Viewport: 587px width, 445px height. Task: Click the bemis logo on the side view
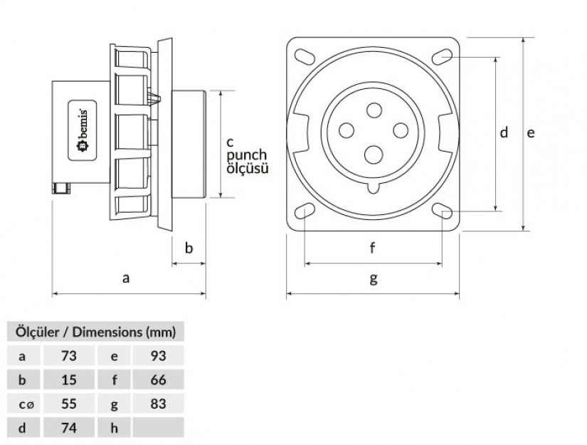point(83,130)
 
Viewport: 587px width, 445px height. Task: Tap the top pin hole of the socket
point(374,110)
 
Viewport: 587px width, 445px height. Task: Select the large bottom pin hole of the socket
point(374,155)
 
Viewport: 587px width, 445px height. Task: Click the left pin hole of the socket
point(347,131)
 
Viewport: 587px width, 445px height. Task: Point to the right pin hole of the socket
point(401,130)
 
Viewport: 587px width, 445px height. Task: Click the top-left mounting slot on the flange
point(305,56)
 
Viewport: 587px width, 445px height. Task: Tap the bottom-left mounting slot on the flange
point(305,211)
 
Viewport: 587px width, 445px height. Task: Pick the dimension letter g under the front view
point(374,279)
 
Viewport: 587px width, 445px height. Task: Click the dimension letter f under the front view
point(372,248)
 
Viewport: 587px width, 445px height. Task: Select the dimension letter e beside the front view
point(531,133)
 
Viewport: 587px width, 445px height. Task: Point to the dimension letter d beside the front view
point(504,132)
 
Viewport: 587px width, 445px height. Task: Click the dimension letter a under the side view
point(126,278)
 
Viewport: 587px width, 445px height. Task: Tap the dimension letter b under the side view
point(189,248)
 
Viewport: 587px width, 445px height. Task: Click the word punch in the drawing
point(247,155)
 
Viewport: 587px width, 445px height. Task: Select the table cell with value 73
point(69,355)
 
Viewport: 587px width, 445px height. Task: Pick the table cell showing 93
point(159,355)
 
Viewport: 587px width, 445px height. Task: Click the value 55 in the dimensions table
point(69,404)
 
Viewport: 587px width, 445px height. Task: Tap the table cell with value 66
point(159,379)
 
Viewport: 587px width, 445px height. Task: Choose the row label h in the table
point(114,427)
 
